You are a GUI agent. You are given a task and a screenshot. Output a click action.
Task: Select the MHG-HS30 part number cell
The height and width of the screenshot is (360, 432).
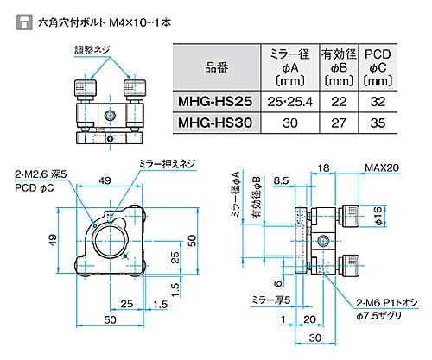tap(215, 123)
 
